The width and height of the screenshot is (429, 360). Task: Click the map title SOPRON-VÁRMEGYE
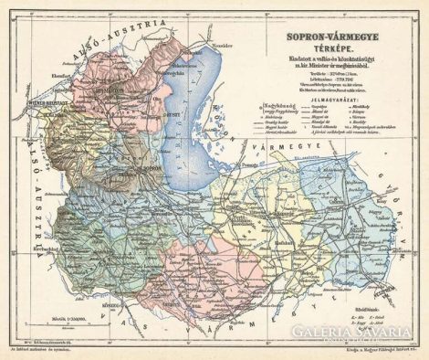pos(331,39)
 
